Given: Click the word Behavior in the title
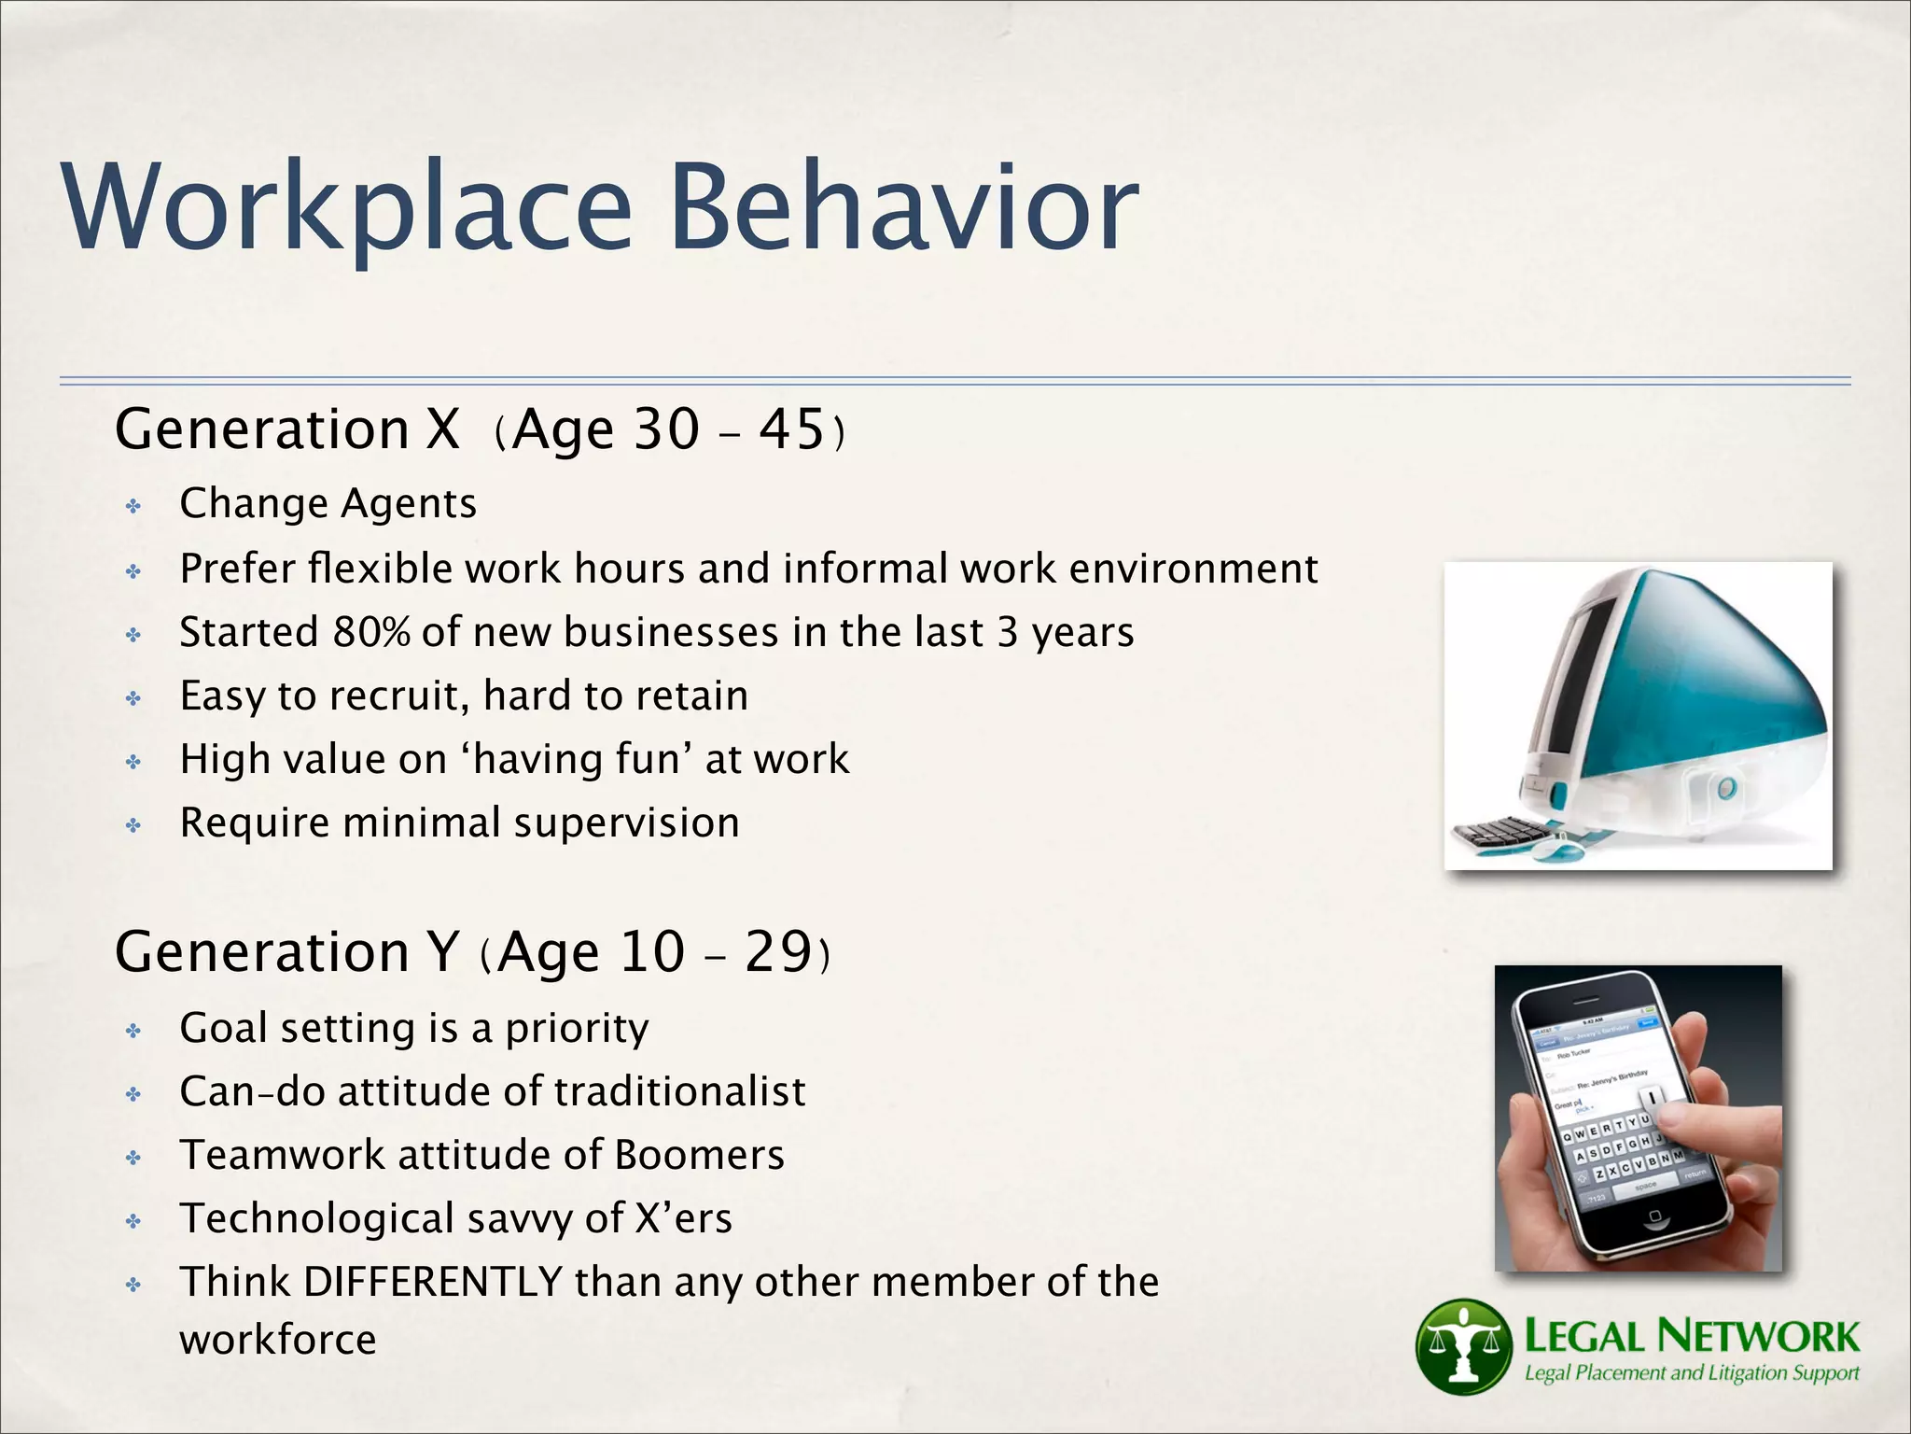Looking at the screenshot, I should point(903,207).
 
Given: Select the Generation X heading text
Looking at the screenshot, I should point(287,429).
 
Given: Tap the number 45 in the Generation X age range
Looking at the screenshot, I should point(791,429).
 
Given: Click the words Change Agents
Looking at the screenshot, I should point(328,504).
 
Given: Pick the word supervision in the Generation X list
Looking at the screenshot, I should point(626,823).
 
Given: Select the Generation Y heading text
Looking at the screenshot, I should point(287,952).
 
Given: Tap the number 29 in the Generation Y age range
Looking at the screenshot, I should point(777,952).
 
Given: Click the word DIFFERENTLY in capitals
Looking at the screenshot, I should point(433,1282).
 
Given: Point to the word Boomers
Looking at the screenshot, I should point(699,1155).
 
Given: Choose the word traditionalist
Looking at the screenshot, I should point(680,1091).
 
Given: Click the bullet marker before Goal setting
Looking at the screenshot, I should point(133,1031).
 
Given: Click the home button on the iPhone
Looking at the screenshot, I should point(1654,1217).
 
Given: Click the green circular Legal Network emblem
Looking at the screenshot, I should point(1463,1346).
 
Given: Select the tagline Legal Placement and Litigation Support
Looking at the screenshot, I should point(1691,1373).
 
